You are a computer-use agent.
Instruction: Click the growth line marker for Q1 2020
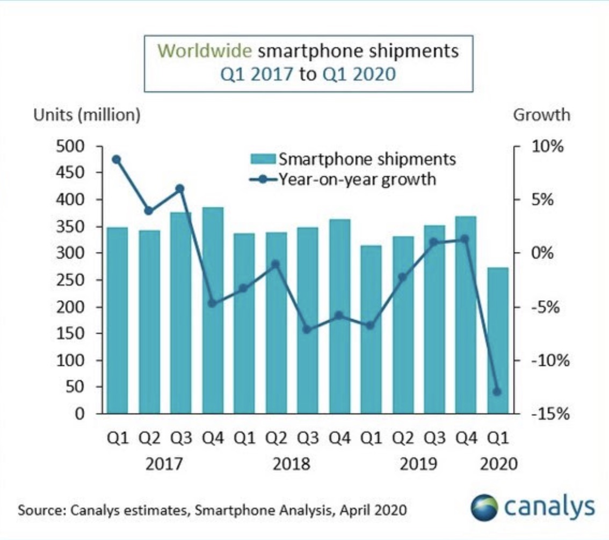(x=497, y=392)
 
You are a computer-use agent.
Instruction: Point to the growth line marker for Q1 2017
(x=116, y=159)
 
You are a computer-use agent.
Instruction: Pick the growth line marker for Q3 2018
(x=307, y=329)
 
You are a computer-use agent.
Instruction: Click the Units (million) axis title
(x=86, y=115)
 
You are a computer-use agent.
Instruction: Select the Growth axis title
(x=542, y=115)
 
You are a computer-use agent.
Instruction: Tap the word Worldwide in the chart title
(x=206, y=52)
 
